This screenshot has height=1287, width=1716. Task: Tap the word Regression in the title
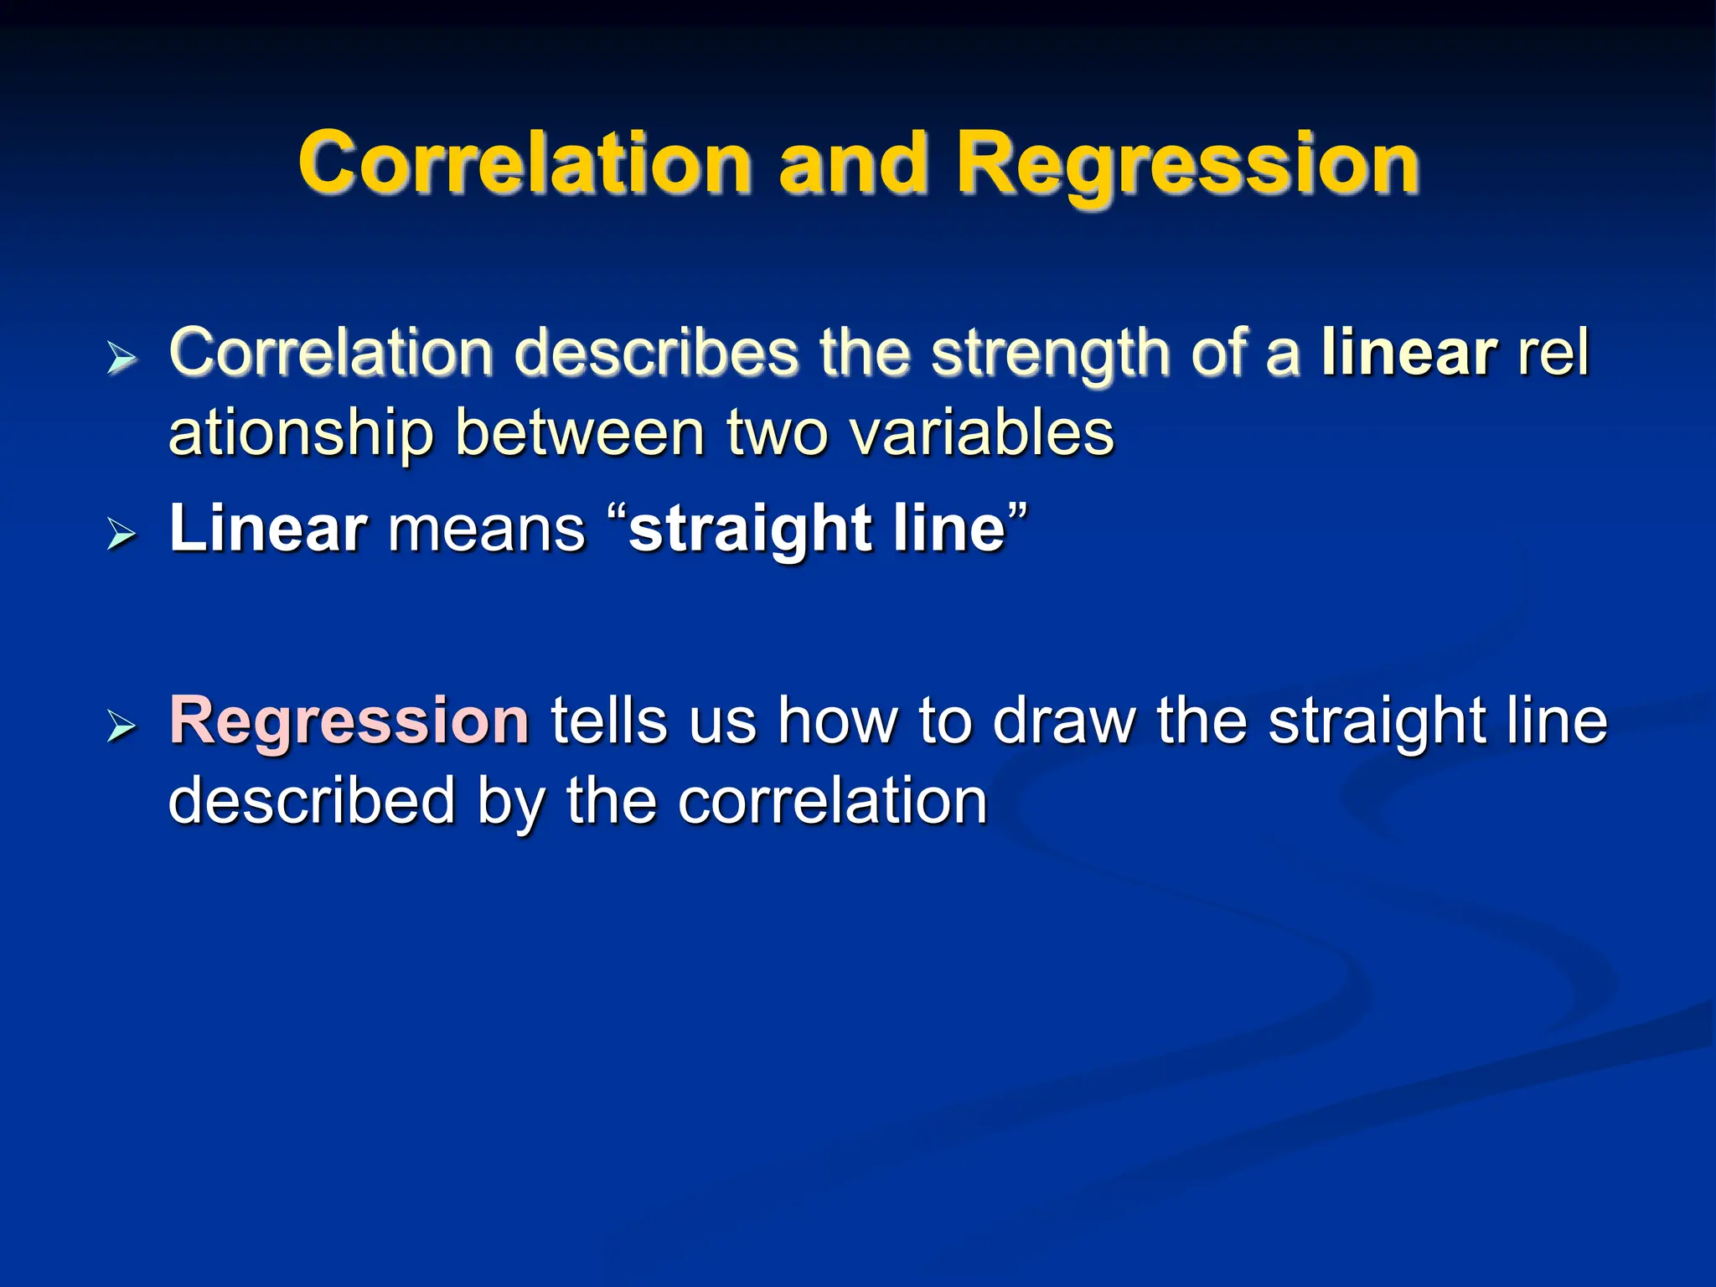click(x=1187, y=164)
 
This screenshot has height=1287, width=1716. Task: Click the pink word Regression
click(x=349, y=721)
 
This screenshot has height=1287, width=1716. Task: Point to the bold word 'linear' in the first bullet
click(x=1408, y=353)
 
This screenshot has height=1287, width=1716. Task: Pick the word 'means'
click(x=487, y=530)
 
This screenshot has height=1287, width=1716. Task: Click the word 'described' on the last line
click(x=312, y=801)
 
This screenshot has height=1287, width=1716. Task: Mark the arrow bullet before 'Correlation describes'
click(x=121, y=358)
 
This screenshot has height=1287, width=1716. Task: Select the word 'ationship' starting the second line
click(x=301, y=435)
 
